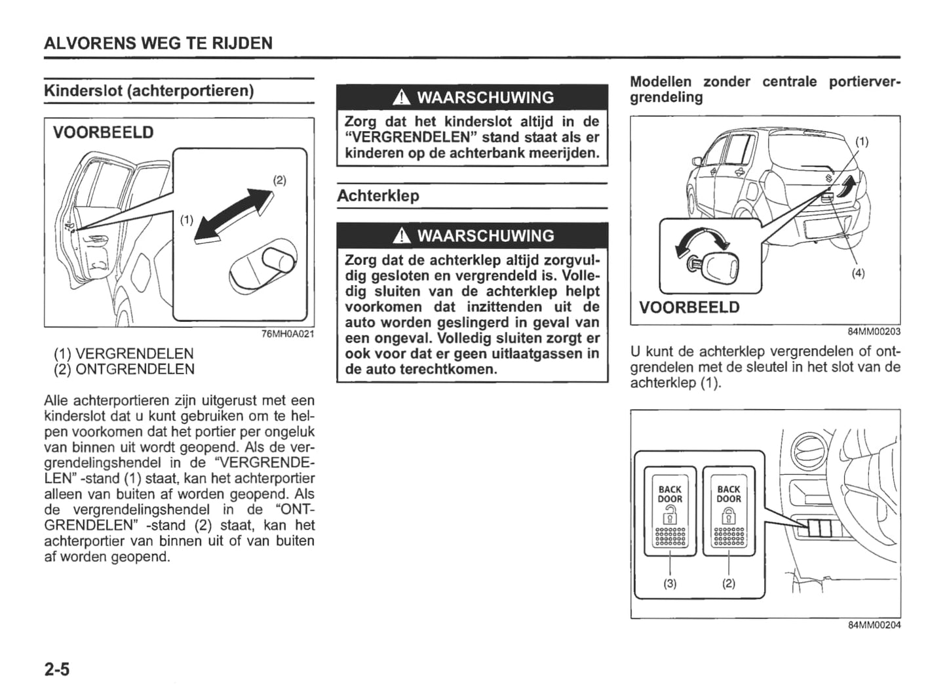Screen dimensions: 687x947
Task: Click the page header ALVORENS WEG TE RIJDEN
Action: pos(158,43)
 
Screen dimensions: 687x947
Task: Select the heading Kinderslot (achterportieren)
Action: pos(149,90)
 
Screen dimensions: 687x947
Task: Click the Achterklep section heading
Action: pos(378,195)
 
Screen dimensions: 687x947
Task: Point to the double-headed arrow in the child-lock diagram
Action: pos(234,215)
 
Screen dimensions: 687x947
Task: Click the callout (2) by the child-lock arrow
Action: pos(280,180)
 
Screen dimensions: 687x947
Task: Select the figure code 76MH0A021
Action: pos(288,334)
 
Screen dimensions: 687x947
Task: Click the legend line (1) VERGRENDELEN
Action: pos(124,354)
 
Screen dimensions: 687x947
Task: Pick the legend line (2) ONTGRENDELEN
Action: pos(124,370)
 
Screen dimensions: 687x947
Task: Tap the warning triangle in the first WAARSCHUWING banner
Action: pos(402,98)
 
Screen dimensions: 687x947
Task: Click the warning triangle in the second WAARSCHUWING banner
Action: pos(402,236)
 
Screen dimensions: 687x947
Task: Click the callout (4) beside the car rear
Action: pos(858,273)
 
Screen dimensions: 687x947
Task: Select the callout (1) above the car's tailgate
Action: pos(862,142)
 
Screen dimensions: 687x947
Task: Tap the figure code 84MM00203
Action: pos(874,332)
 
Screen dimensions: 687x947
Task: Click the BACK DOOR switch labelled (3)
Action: pos(670,510)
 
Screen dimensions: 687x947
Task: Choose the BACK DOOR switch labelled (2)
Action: pos(729,510)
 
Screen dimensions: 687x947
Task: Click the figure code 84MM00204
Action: pos(874,625)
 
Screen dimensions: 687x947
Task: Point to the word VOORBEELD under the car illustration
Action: pos(689,307)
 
